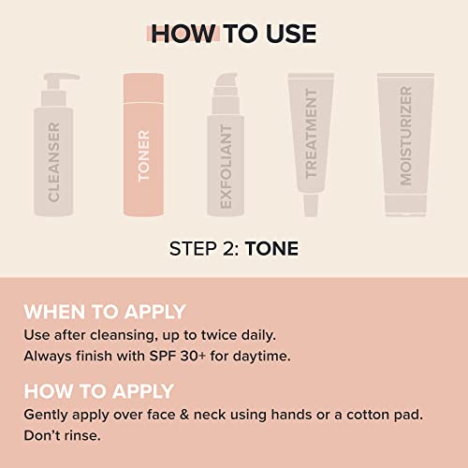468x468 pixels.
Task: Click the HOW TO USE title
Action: click(233, 34)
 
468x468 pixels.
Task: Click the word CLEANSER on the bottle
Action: click(53, 161)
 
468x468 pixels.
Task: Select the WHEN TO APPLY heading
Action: click(104, 312)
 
